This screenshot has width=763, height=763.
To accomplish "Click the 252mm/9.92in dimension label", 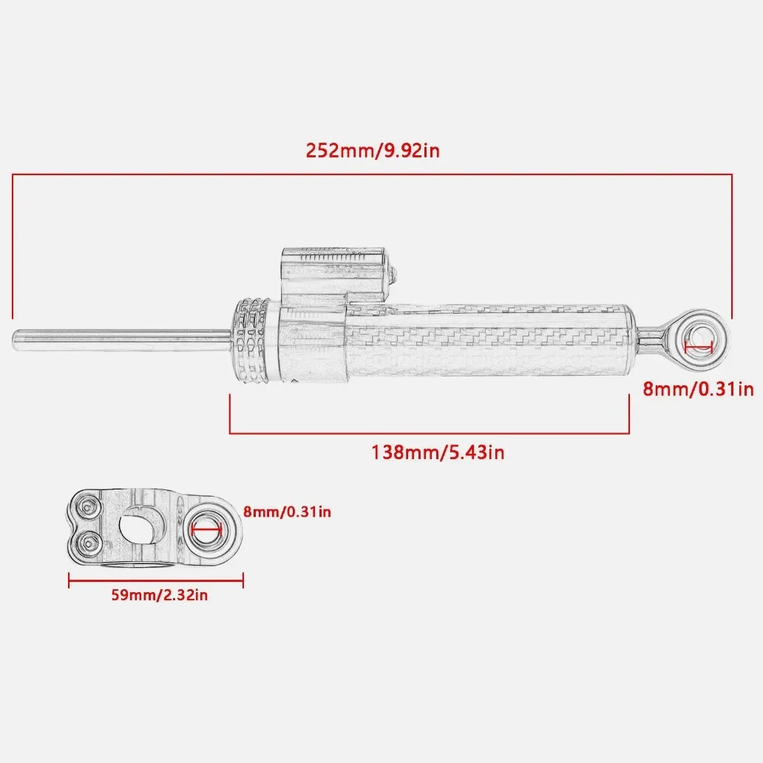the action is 373,150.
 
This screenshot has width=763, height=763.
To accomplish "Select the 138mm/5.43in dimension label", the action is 438,452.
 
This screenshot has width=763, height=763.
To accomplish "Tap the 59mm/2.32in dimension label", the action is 160,595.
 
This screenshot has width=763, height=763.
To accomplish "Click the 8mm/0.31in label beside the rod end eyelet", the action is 698,390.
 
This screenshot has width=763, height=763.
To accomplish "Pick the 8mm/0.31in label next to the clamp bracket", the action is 287,512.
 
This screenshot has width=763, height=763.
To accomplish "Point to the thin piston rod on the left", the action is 122,339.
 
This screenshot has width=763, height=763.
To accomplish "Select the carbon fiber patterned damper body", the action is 489,342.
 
